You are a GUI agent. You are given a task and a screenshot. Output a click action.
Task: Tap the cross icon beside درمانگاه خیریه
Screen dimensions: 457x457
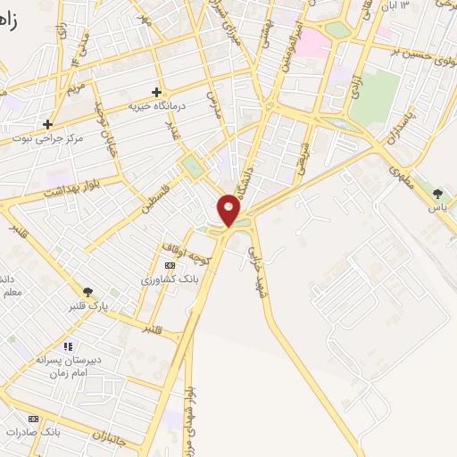pyautogui.click(x=157, y=92)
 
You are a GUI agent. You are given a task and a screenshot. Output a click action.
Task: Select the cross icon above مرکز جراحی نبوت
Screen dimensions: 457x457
pyautogui.click(x=48, y=124)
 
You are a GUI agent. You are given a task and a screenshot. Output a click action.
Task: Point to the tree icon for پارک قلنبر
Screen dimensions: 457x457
pyautogui.click(x=87, y=291)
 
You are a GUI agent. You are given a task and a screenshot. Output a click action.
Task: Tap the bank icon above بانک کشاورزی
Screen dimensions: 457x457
pyautogui.click(x=170, y=266)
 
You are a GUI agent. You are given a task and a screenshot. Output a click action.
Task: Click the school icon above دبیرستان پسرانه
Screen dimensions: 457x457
pyautogui.click(x=67, y=345)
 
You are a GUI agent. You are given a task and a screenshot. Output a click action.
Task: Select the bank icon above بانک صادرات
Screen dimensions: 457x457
pyautogui.click(x=34, y=419)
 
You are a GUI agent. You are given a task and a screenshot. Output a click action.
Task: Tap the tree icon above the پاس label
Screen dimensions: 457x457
pyautogui.click(x=436, y=193)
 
